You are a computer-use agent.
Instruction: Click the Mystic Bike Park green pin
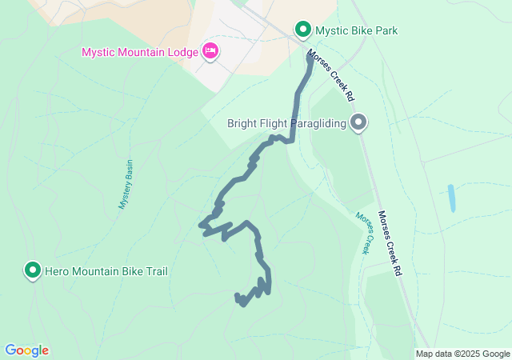point(303,30)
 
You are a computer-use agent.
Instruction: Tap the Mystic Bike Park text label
point(357,31)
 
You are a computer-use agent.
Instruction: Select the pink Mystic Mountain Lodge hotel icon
point(210,52)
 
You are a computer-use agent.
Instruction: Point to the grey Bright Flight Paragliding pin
point(359,122)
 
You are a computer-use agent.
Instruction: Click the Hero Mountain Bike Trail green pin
point(33,270)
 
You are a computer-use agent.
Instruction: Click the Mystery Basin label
point(126,184)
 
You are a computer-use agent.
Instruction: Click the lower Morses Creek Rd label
point(390,243)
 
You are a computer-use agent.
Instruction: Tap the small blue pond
point(452,198)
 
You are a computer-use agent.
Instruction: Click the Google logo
point(26,350)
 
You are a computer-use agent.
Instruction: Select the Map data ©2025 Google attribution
point(462,354)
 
